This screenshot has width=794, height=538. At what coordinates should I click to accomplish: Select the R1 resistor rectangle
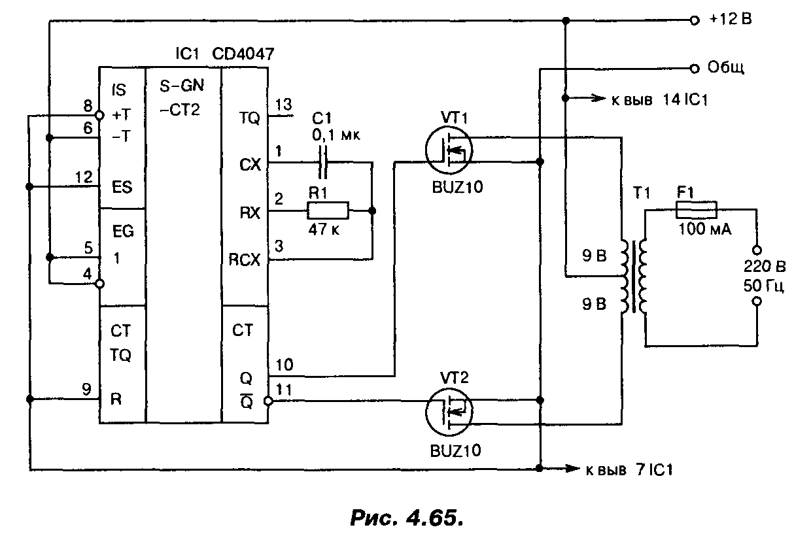(328, 211)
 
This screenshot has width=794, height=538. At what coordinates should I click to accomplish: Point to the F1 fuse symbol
(695, 210)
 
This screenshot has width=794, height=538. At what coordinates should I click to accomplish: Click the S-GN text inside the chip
(180, 87)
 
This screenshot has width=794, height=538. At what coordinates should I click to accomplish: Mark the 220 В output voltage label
(757, 266)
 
